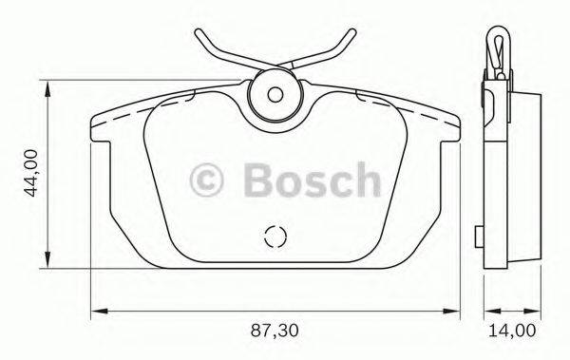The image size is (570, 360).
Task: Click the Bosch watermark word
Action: [311, 178]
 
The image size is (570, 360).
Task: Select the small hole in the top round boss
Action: [275, 94]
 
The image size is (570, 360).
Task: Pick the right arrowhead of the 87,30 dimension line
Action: [454, 311]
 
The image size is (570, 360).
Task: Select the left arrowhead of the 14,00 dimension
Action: [486, 311]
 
